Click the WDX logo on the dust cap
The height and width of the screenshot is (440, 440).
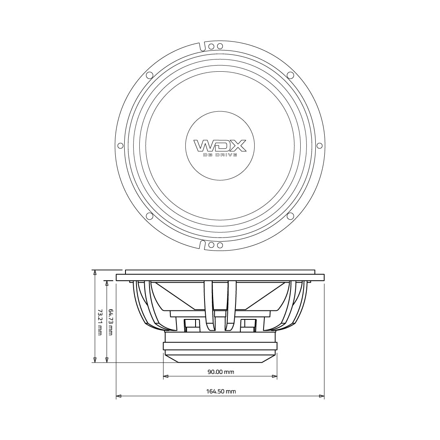[x=220, y=145]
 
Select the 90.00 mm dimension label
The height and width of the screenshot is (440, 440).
[x=221, y=372]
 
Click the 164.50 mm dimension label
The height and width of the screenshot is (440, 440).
[x=221, y=391]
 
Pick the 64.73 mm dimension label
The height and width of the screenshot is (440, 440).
[x=110, y=322]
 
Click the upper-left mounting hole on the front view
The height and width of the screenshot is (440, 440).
[x=150, y=75]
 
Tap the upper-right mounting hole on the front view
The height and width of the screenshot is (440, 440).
[x=290, y=75]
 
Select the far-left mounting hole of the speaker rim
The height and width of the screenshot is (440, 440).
[x=120, y=146]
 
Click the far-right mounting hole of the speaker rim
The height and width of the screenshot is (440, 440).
[x=319, y=146]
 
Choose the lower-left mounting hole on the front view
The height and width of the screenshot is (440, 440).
[x=150, y=216]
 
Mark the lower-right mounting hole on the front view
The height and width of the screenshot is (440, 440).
[x=290, y=216]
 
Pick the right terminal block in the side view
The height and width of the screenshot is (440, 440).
[x=248, y=325]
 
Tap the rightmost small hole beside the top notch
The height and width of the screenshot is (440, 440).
[x=220, y=46]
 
